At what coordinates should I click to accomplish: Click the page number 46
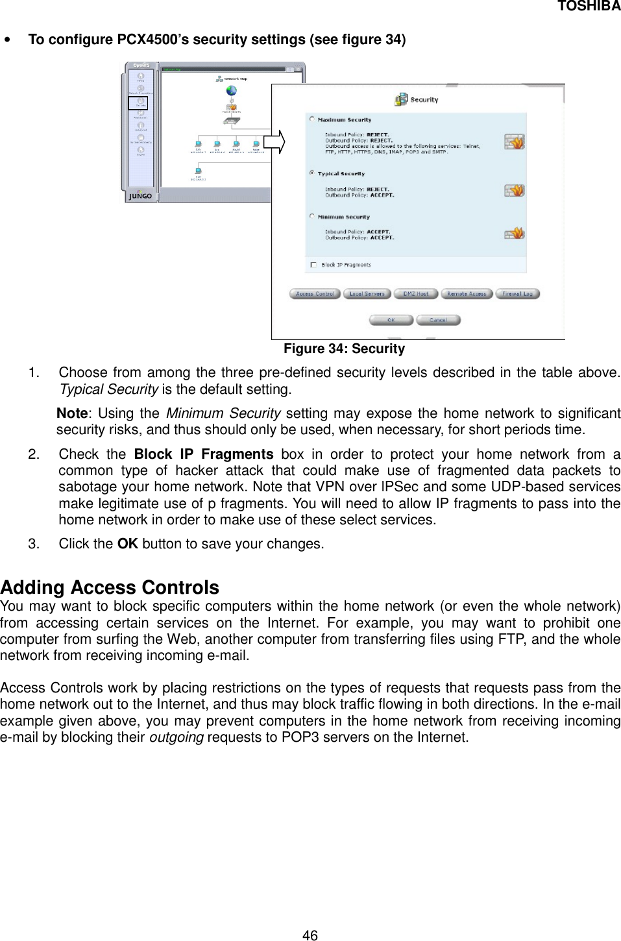(310, 935)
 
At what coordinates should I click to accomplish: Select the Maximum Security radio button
(313, 119)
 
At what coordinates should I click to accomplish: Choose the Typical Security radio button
(313, 173)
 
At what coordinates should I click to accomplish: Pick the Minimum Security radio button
(313, 217)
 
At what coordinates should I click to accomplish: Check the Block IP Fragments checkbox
(313, 265)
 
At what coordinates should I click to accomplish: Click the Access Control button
(315, 294)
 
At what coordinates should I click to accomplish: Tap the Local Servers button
(367, 294)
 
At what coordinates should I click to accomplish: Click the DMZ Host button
(416, 294)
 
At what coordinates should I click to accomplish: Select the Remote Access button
(467, 294)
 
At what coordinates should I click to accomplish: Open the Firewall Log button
(518, 294)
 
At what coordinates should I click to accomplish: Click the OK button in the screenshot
(391, 320)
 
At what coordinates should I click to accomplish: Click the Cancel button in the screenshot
(438, 320)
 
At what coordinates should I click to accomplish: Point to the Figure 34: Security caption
(344, 349)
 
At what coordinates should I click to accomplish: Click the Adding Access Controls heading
(110, 588)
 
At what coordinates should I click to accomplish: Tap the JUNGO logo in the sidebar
(141, 195)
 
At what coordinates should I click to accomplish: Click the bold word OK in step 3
(127, 543)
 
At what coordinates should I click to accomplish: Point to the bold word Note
(72, 414)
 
